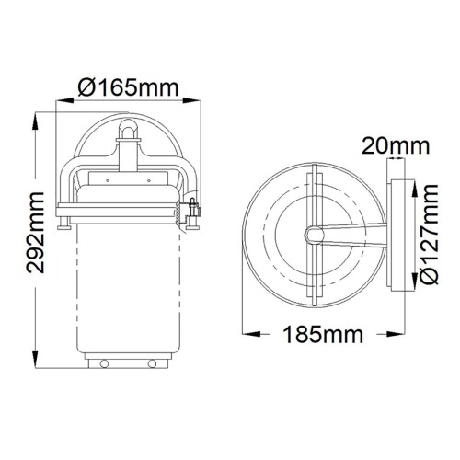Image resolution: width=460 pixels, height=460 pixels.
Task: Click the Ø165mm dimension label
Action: click(x=128, y=88)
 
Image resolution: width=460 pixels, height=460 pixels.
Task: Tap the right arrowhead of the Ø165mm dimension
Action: click(x=196, y=104)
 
